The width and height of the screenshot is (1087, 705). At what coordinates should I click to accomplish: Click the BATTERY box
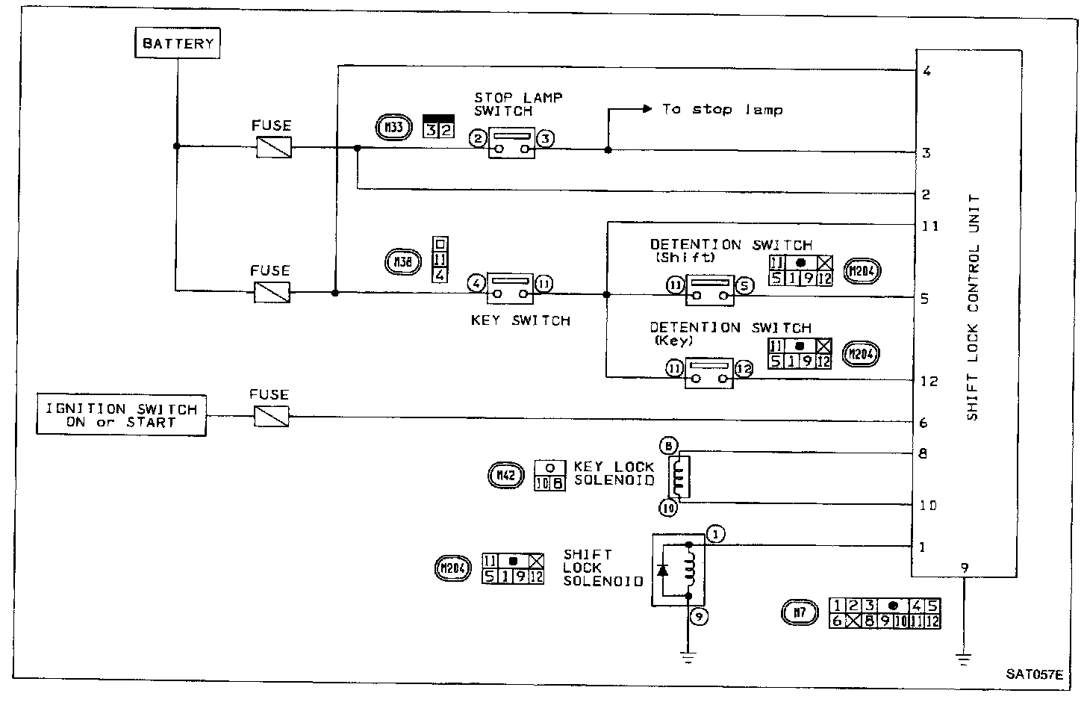click(x=178, y=43)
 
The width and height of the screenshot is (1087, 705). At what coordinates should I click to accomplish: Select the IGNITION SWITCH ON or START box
click(x=122, y=416)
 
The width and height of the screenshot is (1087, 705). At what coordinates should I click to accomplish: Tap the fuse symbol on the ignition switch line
click(x=272, y=416)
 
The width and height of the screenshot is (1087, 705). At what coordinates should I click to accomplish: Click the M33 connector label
click(x=393, y=128)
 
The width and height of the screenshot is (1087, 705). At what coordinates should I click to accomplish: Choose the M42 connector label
click(x=505, y=475)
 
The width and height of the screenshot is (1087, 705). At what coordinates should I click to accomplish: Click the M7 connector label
click(x=799, y=614)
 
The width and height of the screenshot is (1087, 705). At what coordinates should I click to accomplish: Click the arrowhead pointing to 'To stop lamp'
click(x=647, y=109)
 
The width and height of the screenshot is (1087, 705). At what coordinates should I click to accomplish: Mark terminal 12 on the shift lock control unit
click(x=928, y=381)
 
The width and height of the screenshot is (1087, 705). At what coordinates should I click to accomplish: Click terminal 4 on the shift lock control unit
click(x=926, y=72)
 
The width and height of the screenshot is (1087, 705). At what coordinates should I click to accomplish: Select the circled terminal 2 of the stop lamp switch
click(x=478, y=138)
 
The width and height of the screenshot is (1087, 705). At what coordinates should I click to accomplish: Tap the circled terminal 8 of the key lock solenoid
click(x=668, y=447)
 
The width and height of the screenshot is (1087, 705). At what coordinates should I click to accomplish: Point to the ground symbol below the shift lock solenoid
click(x=688, y=657)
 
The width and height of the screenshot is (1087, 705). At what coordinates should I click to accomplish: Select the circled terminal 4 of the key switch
click(x=476, y=283)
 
